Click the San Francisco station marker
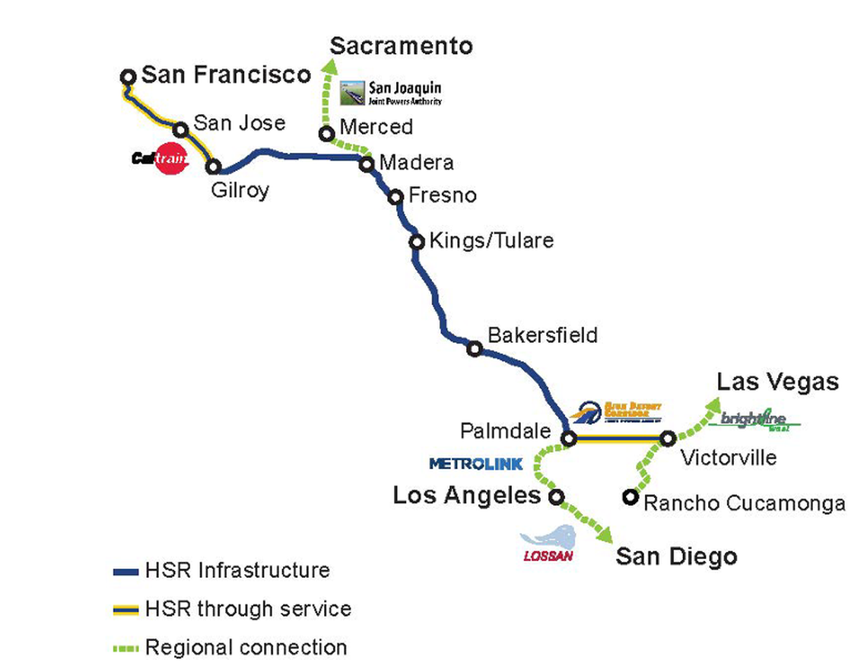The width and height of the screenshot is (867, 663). (129, 76)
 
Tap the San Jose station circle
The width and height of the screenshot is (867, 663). (182, 129)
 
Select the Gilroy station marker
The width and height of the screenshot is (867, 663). (214, 167)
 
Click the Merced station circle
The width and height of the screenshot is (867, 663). (326, 134)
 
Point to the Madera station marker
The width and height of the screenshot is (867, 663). (367, 163)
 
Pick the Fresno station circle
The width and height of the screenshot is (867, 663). (395, 197)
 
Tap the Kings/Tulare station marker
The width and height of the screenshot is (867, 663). (417, 243)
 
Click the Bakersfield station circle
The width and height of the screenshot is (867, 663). (475, 349)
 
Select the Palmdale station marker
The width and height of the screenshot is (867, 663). (567, 438)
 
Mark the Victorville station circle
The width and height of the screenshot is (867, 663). (667, 438)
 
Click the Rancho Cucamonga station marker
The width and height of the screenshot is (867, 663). (630, 496)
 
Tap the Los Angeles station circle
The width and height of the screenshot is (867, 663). (556, 496)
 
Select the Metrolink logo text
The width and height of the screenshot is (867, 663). (465, 463)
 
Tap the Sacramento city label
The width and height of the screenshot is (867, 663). (401, 46)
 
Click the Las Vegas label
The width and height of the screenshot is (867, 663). (777, 381)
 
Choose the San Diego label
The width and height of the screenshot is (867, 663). (676, 557)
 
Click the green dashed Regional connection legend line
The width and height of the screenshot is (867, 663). (125, 649)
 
